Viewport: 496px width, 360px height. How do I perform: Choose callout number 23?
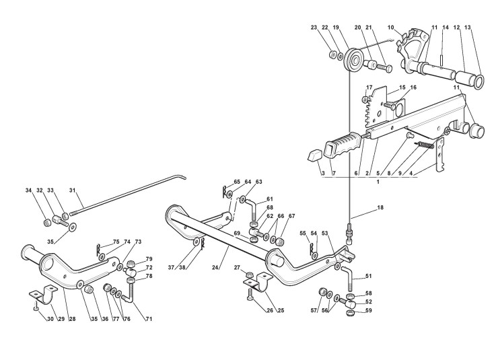coord(314,28)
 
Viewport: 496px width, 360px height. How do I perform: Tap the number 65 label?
coord(218,182)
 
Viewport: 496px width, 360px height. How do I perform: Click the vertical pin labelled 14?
coord(440,51)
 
